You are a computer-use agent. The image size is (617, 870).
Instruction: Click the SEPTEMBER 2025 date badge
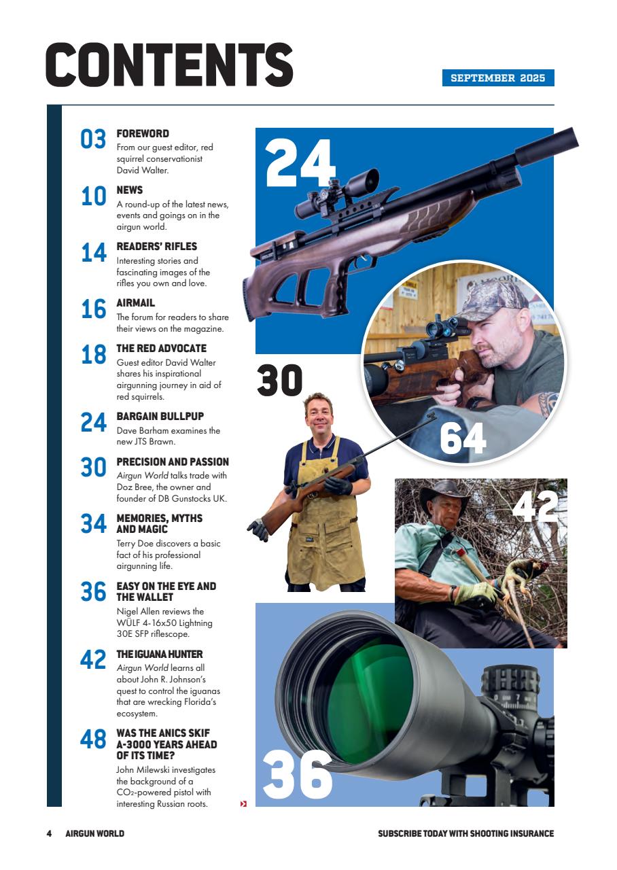[498, 78]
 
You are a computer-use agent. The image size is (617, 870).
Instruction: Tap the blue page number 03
[94, 139]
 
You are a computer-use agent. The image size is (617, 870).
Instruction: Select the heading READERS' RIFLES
[156, 246]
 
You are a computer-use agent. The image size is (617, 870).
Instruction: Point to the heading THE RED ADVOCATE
[161, 348]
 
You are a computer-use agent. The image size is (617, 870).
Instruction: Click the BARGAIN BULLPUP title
[160, 416]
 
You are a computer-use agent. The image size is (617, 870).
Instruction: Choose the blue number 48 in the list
[94, 739]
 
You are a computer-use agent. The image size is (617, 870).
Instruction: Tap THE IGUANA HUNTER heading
[159, 654]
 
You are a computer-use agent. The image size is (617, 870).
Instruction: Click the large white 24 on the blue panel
[300, 163]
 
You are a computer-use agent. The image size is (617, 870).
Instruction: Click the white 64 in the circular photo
[463, 438]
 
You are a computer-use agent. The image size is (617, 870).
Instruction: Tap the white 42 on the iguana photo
[535, 506]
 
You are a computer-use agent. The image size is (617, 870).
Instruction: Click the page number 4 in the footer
[49, 833]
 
